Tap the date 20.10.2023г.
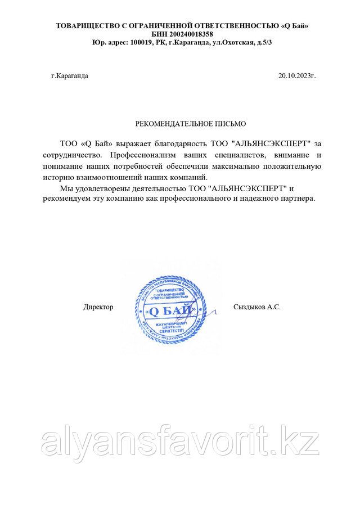point(297,75)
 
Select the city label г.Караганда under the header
point(70,75)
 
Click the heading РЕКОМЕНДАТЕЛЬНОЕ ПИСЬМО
point(191,123)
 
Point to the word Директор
point(98,307)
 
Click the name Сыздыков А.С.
point(256,307)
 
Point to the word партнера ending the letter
point(299,199)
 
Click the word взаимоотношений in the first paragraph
point(106,177)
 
